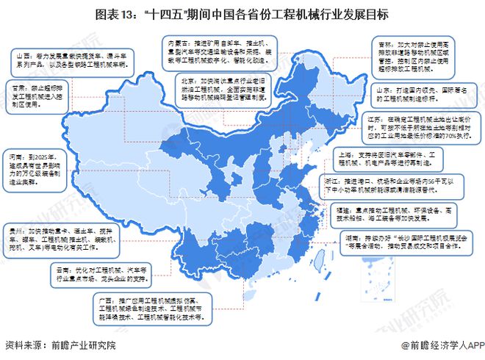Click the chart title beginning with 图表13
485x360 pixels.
tap(242, 14)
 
